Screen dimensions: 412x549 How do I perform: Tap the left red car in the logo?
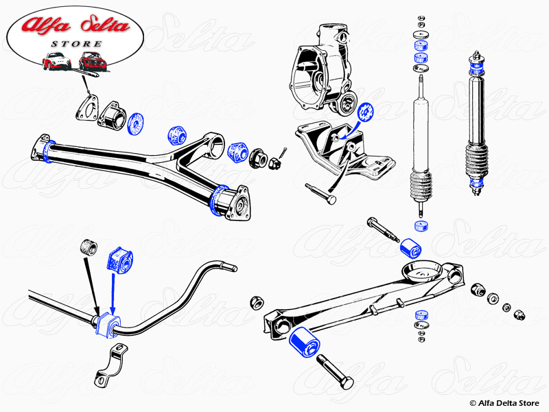click(x=56, y=61)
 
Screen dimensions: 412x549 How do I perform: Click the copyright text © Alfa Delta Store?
click(x=504, y=402)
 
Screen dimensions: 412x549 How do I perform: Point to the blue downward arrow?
click(x=113, y=288)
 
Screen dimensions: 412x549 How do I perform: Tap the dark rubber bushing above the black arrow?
click(x=88, y=245)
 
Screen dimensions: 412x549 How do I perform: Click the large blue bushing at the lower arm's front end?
click(x=302, y=341)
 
